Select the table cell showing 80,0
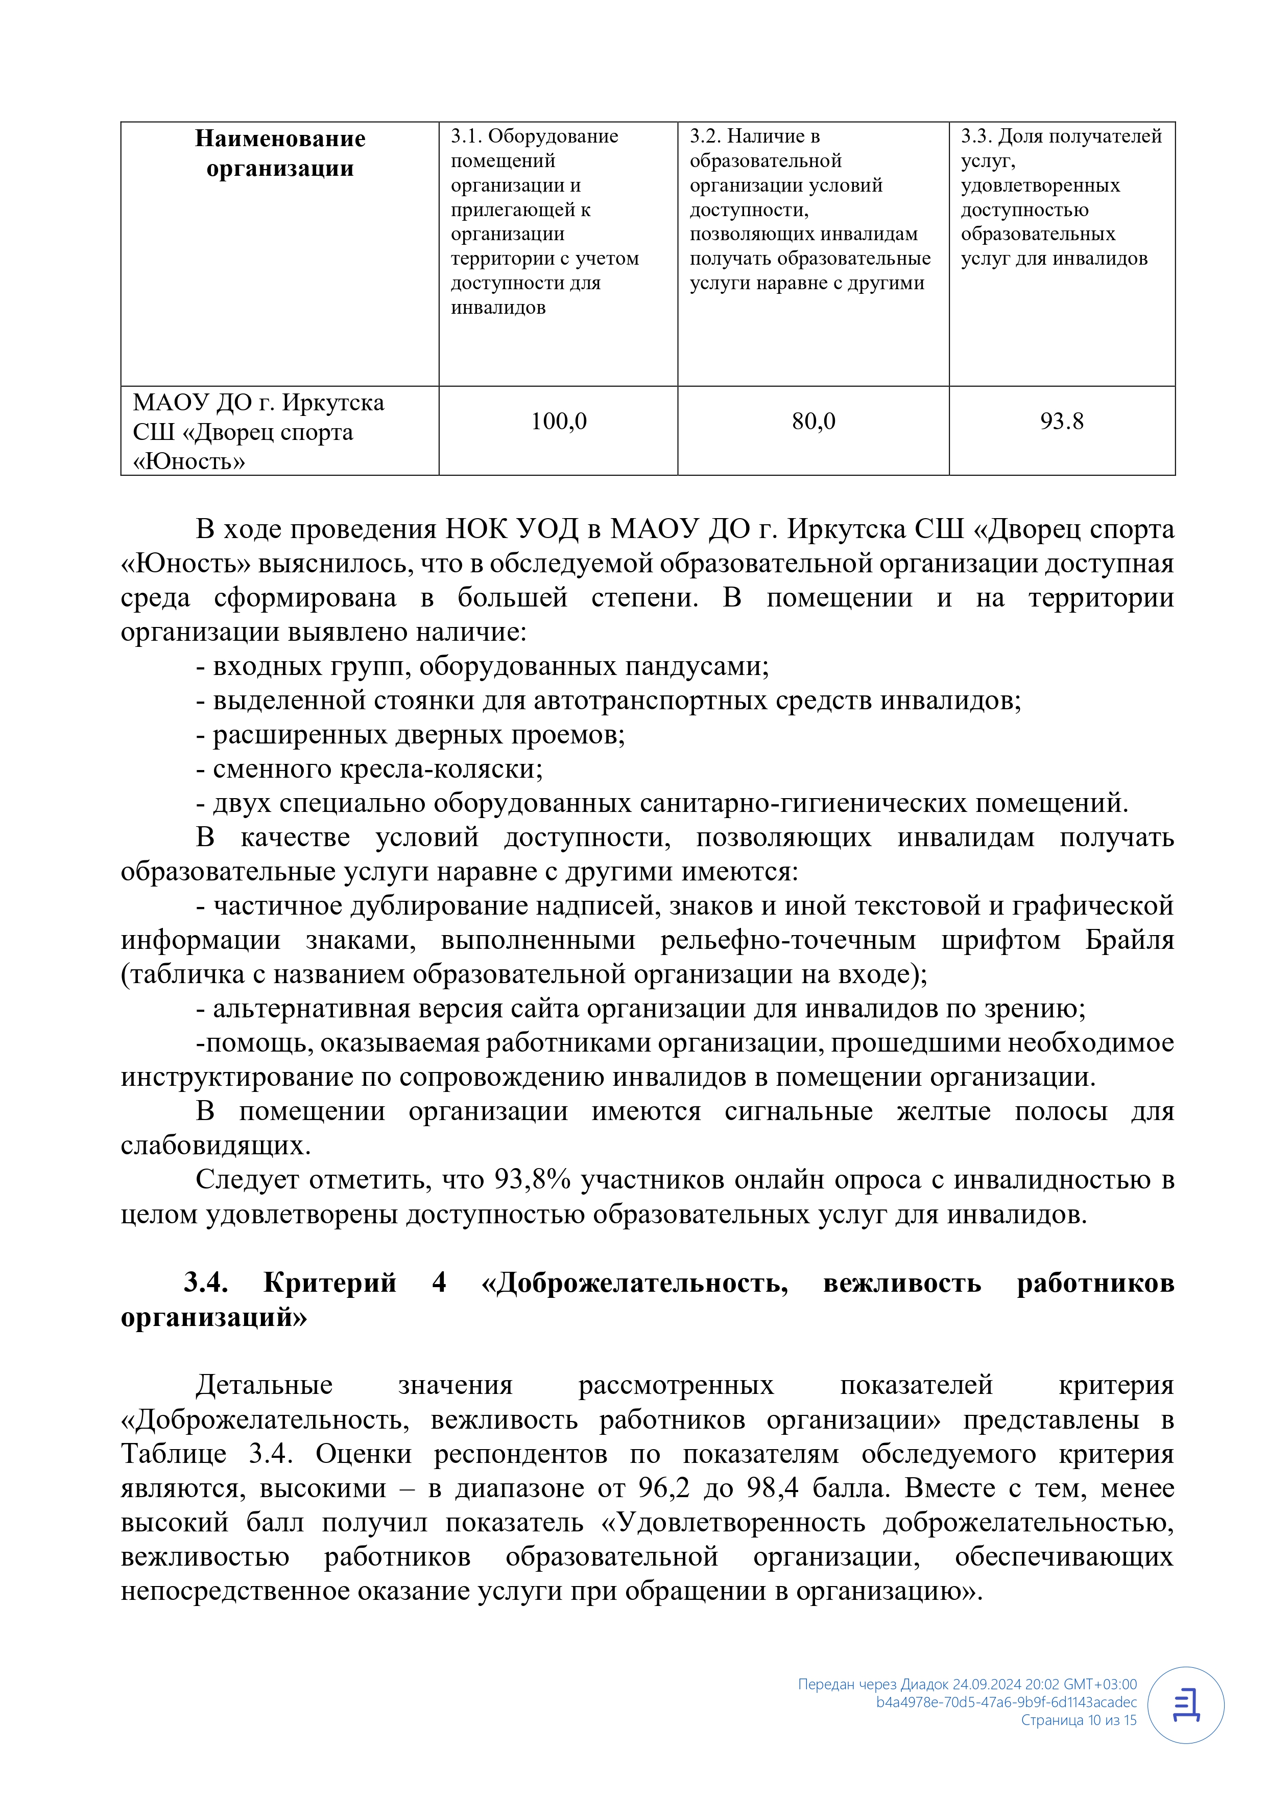click(814, 422)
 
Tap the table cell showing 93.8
click(1062, 422)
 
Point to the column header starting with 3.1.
click(545, 221)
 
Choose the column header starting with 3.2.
click(809, 209)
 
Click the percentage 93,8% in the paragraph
click(533, 1179)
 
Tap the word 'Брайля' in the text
click(1129, 940)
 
